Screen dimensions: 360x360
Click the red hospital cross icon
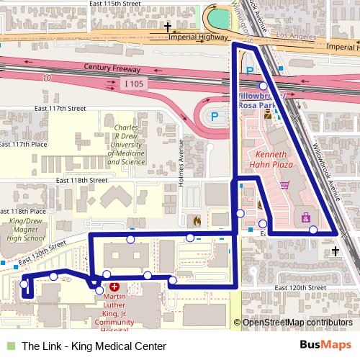pyautogui.click(x=114, y=287)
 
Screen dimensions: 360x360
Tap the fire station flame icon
pyautogui.click(x=197, y=220)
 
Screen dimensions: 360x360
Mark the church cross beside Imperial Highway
pyautogui.click(x=168, y=28)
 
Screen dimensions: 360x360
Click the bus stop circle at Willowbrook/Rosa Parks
pyautogui.click(x=263, y=85)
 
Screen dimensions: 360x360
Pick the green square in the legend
pyautogui.click(x=9, y=345)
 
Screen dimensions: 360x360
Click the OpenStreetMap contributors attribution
pyautogui.click(x=297, y=323)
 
